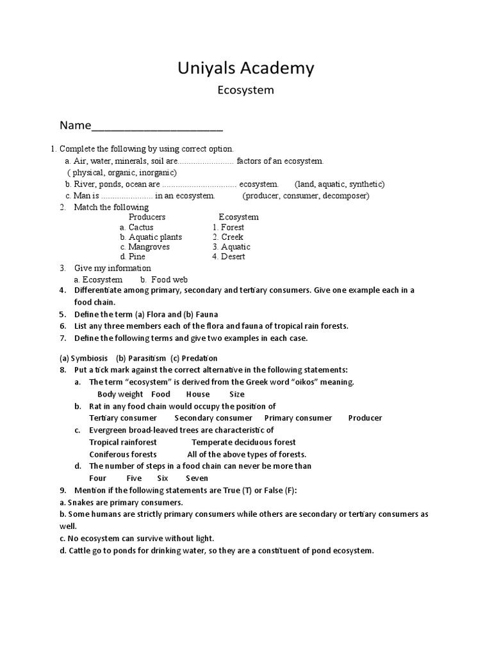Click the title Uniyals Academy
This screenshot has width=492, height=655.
click(x=246, y=68)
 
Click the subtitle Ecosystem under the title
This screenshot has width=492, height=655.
click(x=246, y=90)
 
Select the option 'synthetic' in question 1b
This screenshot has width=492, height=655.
click(x=365, y=184)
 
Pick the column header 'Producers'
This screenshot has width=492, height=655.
click(x=147, y=217)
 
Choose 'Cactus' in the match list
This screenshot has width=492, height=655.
click(x=141, y=227)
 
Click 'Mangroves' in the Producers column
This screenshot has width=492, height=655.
click(x=149, y=247)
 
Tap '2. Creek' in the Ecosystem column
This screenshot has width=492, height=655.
click(x=228, y=237)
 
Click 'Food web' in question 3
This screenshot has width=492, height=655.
click(x=170, y=280)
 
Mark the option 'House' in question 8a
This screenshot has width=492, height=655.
click(x=198, y=395)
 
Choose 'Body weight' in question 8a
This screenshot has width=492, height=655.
click(x=120, y=395)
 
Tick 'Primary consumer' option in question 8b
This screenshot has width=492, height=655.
click(x=298, y=418)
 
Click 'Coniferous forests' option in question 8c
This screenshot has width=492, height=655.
click(x=123, y=454)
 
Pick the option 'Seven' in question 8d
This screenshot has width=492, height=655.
click(x=197, y=478)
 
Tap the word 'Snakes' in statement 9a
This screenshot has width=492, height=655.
click(x=81, y=502)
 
